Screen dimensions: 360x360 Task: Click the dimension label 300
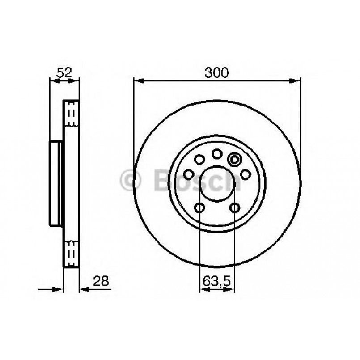(x=217, y=72)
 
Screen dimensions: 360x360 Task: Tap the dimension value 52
(x=64, y=72)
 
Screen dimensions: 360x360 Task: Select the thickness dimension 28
(x=101, y=281)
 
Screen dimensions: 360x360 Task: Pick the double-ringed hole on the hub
(x=234, y=159)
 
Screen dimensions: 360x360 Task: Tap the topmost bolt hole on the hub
(x=217, y=154)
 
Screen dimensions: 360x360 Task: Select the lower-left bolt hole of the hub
(x=199, y=208)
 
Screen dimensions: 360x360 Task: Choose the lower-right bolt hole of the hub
(x=234, y=208)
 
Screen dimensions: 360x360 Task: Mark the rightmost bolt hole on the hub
(x=245, y=174)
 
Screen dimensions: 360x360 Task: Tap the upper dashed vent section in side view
(x=70, y=115)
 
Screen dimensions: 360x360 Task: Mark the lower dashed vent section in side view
(x=70, y=251)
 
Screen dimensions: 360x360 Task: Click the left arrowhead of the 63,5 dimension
(x=203, y=289)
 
